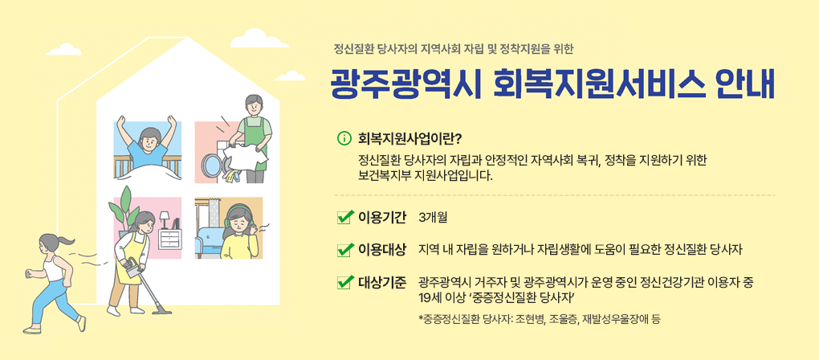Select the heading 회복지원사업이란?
pos(410,137)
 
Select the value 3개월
pos(433,218)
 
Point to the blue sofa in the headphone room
pos(212,238)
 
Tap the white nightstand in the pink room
pos(170,238)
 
